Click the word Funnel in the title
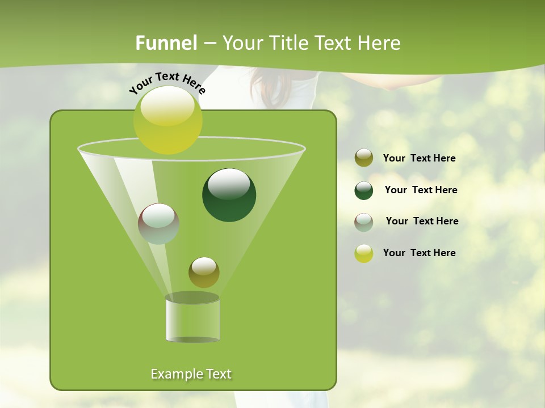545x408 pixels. coord(166,43)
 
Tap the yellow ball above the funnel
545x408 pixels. coord(167,120)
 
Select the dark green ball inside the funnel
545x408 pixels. coord(229,195)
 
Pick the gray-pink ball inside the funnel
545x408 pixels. coord(158,224)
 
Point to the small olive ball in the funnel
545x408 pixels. coord(204,273)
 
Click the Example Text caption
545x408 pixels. coord(191,374)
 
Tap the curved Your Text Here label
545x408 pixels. coord(167,82)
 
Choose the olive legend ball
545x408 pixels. coord(364,158)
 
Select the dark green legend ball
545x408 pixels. coord(364,190)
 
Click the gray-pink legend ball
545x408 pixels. coord(364,222)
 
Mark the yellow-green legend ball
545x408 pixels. coord(364,253)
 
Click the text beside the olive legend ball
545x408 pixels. coord(419,159)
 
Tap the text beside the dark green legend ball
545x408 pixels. coord(421,190)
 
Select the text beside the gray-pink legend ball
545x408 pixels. coord(422,222)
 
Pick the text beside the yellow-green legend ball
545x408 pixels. coord(419,253)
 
